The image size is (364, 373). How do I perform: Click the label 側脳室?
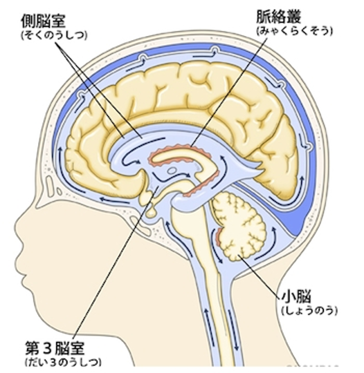coord(43,21)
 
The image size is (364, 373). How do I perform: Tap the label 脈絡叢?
coord(278,17)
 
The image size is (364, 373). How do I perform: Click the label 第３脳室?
coord(55,348)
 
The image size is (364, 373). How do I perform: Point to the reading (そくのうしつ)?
coord(54,35)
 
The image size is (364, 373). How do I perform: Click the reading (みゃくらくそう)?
coord(294,31)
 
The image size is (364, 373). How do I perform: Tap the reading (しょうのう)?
coord(309,310)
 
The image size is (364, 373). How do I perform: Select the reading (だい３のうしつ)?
coord(63,362)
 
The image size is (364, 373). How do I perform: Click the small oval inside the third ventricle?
coord(172,170)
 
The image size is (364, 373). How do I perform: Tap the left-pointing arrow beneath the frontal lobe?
coord(114,200)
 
